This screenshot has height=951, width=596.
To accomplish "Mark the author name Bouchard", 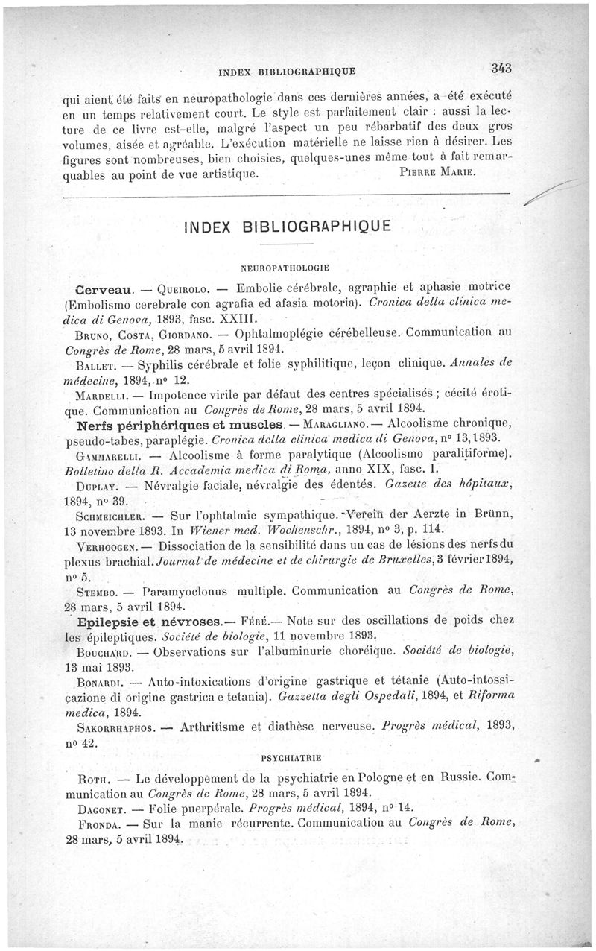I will coord(106,650).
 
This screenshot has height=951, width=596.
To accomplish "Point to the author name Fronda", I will coord(100,824).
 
